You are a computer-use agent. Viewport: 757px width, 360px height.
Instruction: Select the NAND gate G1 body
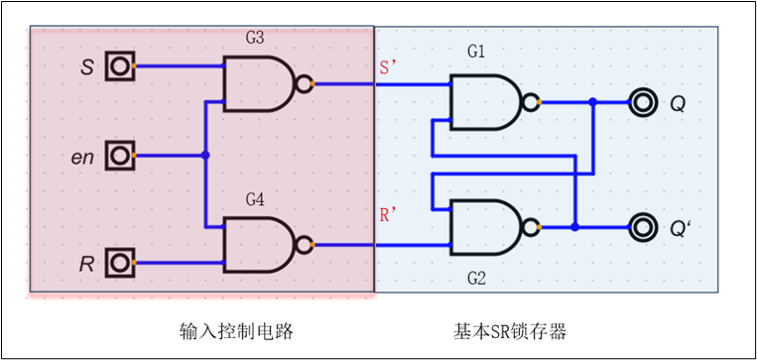pos(485,102)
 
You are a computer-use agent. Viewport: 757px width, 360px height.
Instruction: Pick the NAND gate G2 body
pos(485,227)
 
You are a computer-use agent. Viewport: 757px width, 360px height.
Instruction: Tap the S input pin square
pos(121,66)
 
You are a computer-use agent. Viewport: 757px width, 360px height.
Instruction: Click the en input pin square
pos(121,155)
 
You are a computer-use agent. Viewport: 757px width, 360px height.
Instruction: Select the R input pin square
pos(121,263)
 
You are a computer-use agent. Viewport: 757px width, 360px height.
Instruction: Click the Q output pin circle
pos(643,102)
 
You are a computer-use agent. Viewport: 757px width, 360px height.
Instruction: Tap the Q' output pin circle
pos(643,227)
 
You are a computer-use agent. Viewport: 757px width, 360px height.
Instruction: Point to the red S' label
pos(389,68)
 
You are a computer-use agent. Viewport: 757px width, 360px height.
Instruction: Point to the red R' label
pos(389,215)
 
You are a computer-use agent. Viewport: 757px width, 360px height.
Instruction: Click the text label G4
pos(255,199)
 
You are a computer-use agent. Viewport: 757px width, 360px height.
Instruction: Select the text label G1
pos(476,51)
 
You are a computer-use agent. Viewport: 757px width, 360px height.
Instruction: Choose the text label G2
pos(476,279)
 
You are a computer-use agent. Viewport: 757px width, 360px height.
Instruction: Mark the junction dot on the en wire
pos(205,155)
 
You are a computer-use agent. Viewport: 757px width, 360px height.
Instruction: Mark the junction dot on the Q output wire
pos(592,102)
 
